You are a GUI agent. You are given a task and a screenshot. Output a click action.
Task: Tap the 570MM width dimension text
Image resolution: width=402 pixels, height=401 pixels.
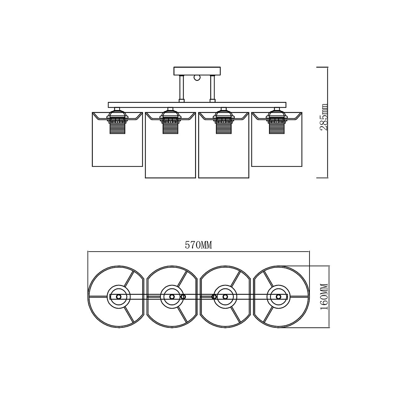click(x=198, y=245)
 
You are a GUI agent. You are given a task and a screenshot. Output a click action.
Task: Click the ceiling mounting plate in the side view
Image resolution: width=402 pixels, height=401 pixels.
click(x=197, y=71)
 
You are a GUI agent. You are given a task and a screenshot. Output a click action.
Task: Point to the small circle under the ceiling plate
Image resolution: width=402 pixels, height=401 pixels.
click(x=197, y=78)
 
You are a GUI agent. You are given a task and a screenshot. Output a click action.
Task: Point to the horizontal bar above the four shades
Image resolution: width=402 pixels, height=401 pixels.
click(x=197, y=105)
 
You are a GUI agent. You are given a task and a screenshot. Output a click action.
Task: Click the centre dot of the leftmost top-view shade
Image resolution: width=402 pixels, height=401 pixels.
click(x=119, y=297)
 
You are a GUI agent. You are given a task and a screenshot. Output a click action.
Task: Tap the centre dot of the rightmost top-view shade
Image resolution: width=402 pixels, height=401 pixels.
click(x=279, y=297)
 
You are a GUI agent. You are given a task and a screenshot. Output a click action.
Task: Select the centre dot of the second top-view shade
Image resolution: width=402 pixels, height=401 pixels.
click(x=172, y=297)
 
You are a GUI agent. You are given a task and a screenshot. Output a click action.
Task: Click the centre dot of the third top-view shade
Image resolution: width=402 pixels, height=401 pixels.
click(x=225, y=297)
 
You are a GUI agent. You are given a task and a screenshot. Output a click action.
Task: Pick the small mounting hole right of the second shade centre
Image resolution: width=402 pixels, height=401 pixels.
click(x=183, y=297)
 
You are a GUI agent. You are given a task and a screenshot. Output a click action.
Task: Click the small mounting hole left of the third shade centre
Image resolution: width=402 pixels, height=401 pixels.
click(x=214, y=297)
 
